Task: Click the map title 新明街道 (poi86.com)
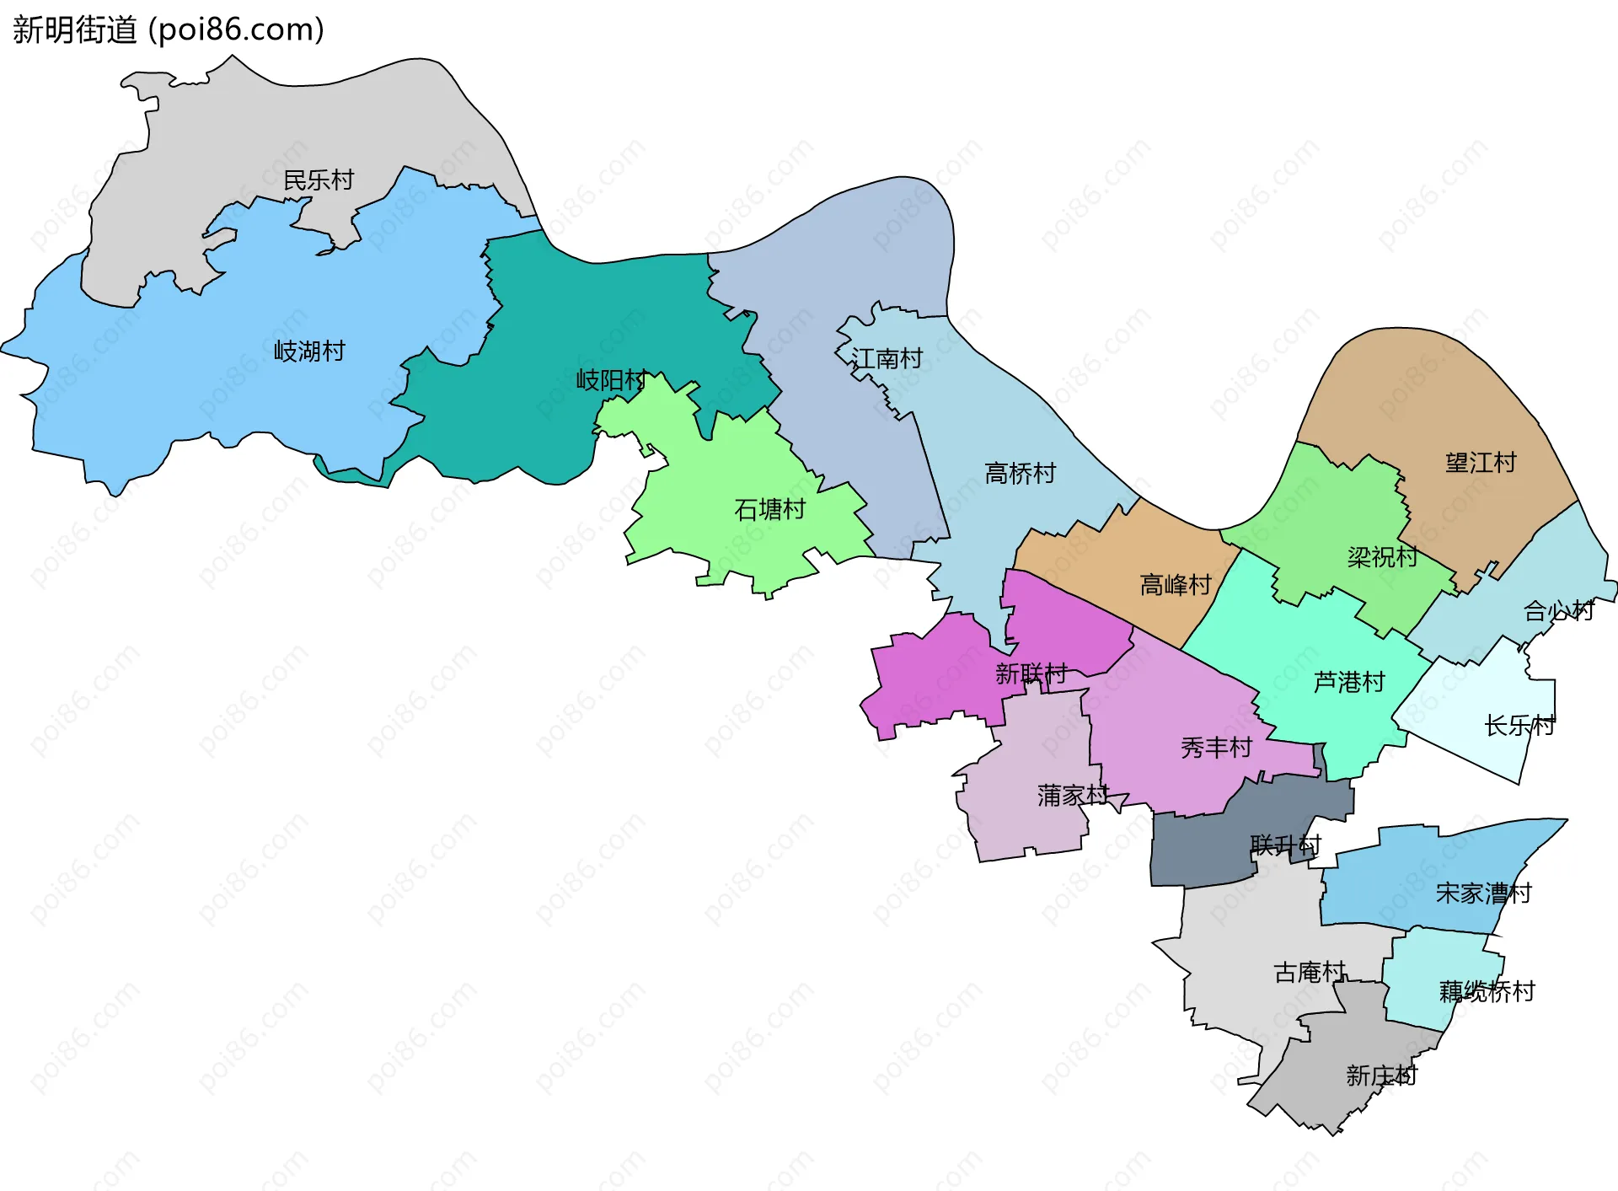169,30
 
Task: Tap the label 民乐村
319,180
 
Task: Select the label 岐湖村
309,351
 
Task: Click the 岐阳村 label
611,380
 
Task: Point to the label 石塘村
769,509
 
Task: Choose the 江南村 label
887,359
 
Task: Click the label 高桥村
1020,474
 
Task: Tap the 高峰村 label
1175,585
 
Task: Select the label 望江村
1481,463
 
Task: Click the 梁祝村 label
1382,557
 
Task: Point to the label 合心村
1558,611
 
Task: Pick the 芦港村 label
1349,682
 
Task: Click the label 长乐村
1519,726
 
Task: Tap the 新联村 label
1031,673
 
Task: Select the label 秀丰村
1216,748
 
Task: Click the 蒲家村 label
1073,795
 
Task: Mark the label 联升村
1285,845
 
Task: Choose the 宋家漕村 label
1483,893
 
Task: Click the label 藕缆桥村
1487,991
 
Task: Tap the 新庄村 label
1381,1076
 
